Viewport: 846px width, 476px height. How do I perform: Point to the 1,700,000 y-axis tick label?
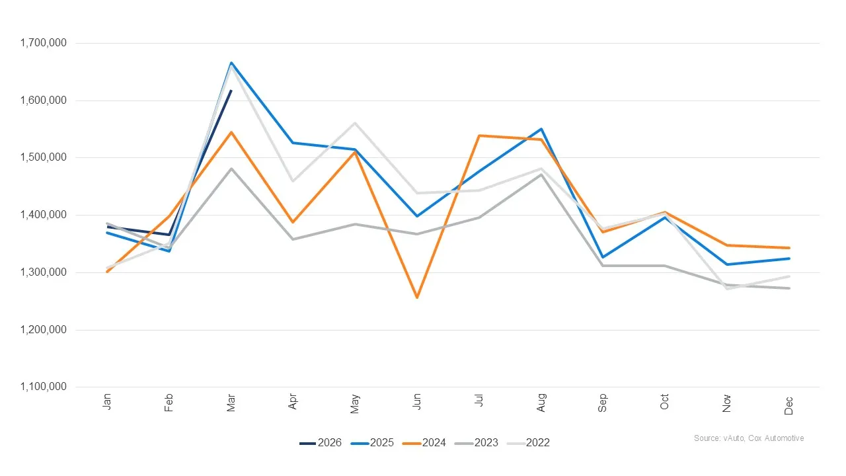[x=44, y=44]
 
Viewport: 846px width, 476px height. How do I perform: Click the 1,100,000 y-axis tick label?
[x=44, y=387]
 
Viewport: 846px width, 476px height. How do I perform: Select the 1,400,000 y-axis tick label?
[x=44, y=216]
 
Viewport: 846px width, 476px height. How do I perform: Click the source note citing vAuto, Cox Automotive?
[x=749, y=438]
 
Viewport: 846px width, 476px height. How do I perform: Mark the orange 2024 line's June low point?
[x=417, y=297]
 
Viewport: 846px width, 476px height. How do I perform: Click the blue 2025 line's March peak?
[x=231, y=63]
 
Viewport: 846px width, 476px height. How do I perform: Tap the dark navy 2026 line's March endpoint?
[x=231, y=91]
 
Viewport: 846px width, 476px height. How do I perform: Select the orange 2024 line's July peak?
[x=479, y=136]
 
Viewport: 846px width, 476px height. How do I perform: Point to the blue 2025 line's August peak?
[x=541, y=129]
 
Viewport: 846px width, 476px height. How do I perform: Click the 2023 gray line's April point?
[x=293, y=239]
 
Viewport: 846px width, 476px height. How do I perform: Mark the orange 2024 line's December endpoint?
[x=789, y=248]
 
